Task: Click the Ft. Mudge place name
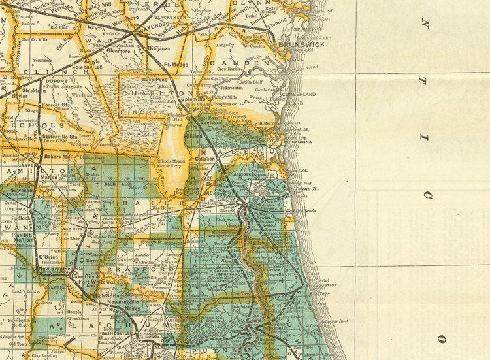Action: point(176,65)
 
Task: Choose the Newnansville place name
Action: point(125,303)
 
